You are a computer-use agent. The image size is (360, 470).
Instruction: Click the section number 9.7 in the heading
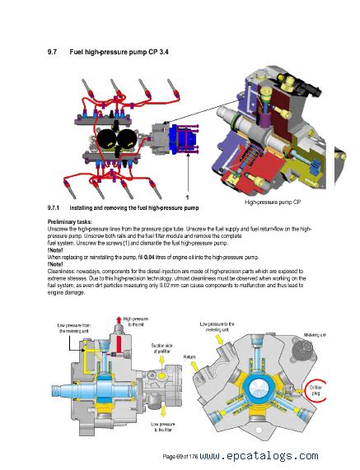point(54,54)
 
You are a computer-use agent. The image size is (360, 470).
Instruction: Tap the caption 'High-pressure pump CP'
point(273,202)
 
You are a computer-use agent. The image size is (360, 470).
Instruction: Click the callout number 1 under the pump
point(187,198)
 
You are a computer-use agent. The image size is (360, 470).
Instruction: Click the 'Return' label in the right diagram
point(190,357)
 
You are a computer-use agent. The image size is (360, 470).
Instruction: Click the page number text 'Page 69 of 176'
point(180,456)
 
